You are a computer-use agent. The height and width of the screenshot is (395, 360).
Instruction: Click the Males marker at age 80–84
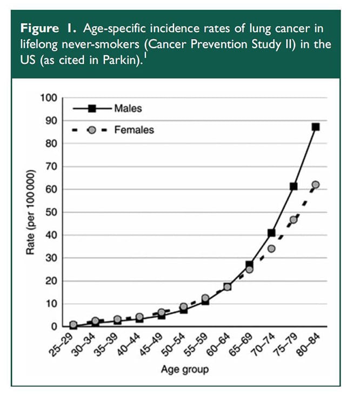coord(316,127)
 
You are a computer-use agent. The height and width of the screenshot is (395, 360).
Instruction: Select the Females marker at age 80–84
coord(316,185)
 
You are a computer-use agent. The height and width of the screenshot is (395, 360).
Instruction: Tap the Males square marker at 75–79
coord(294,186)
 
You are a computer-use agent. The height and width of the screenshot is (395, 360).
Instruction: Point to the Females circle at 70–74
coord(271,249)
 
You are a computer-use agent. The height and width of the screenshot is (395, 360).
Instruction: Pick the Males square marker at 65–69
coord(249,265)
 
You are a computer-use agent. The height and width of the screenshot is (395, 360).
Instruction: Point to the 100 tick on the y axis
coord(49,98)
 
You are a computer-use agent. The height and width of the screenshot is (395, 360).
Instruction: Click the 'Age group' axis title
coord(184,370)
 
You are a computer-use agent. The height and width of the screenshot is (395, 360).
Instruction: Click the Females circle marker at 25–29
coord(73,325)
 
